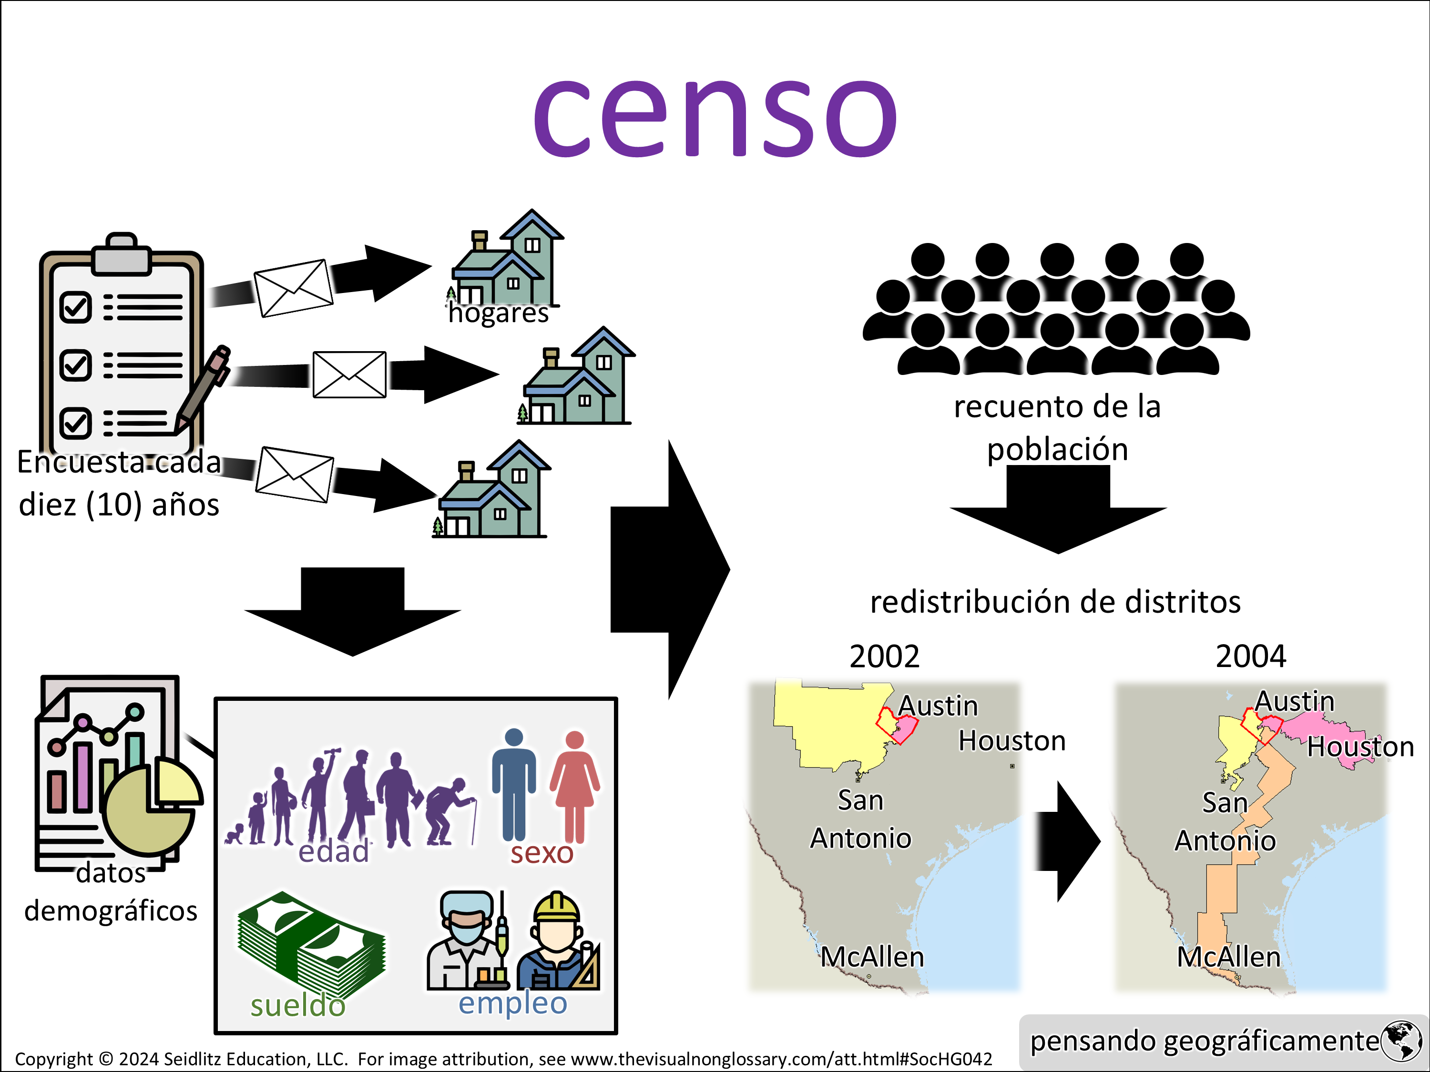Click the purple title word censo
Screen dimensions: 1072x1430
tap(715, 116)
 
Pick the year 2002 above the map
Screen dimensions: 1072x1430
tap(884, 657)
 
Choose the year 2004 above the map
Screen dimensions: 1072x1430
tap(1250, 657)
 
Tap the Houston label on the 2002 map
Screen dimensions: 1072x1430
tap(1012, 740)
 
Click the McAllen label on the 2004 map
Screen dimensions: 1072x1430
tap(1228, 957)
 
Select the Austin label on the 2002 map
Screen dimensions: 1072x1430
tap(938, 706)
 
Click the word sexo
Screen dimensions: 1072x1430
tap(542, 853)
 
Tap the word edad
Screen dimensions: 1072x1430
tap(334, 852)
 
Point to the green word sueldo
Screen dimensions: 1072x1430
tap(298, 1005)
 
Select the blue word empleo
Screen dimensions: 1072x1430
tap(512, 1003)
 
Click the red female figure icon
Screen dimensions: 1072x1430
tap(575, 785)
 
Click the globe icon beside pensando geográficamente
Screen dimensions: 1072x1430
tap(1401, 1041)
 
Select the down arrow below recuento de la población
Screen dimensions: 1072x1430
tap(1058, 510)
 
